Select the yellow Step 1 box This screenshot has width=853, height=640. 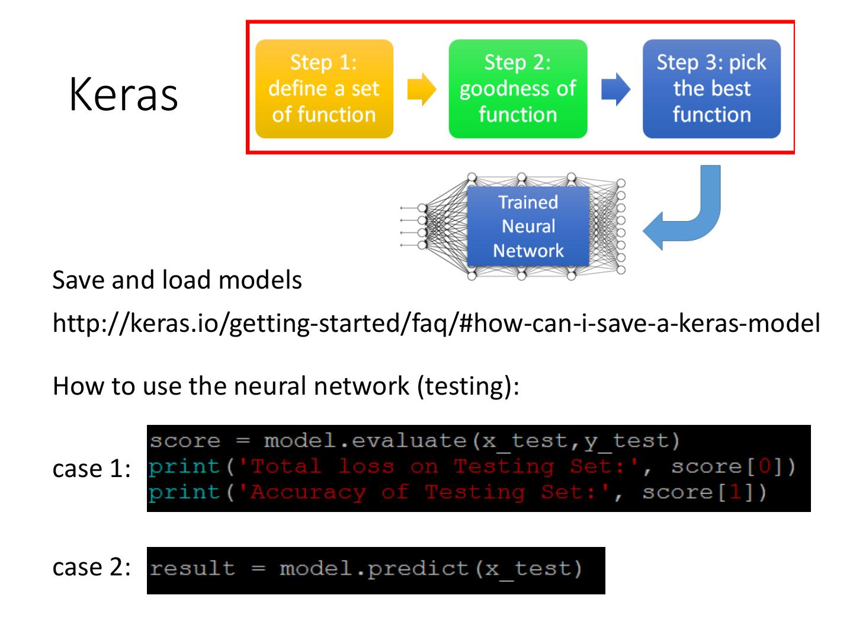coord(324,89)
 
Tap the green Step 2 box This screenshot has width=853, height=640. coord(518,89)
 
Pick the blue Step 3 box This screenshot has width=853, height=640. coord(711,89)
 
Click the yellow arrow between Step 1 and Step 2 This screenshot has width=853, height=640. coord(421,89)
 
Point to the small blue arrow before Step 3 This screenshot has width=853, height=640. coord(615,89)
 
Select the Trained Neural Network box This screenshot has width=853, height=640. coord(528,226)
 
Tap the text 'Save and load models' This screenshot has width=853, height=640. coord(177,280)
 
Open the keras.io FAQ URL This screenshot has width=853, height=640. coord(436,324)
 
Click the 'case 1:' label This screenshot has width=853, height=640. coord(91,469)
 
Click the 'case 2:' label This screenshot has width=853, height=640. coord(91,567)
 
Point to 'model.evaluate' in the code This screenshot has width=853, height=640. coord(365,441)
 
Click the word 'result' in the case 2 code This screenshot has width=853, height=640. coord(192,569)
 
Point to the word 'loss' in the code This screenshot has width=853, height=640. coord(366,467)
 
